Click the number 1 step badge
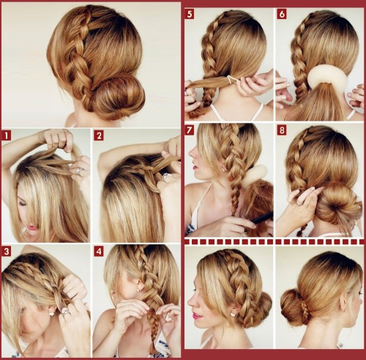pos(7,135)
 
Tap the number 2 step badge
pos(99,135)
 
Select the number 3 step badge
pos(7,252)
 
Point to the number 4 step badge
pos(99,252)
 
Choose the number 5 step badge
pos(190,14)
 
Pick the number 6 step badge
pos(282,14)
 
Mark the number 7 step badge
pos(190,130)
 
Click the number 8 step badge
pos(282,130)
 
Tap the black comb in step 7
pos(260,217)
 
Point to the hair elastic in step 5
pos(231,78)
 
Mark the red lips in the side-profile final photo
pos(197,315)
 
